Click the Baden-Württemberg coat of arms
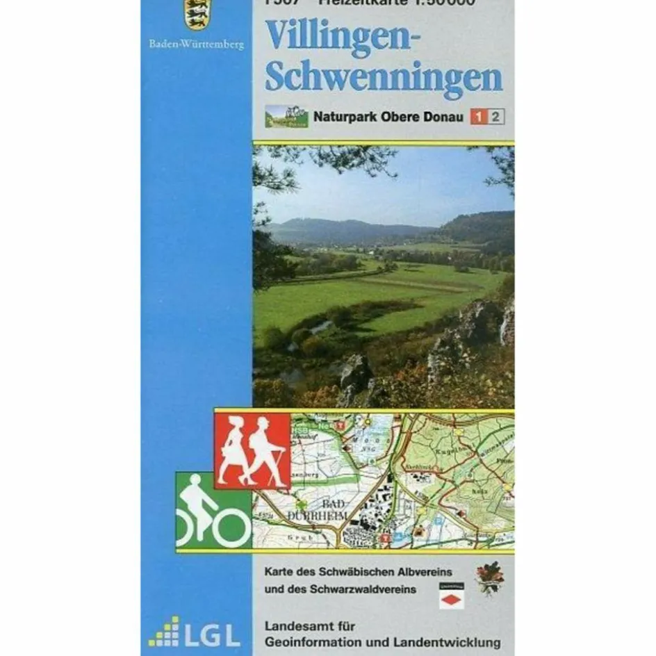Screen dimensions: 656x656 point(197,14)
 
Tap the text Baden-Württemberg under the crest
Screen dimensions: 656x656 point(197,45)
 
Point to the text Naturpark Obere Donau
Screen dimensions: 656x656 point(388,117)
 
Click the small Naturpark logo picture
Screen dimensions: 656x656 point(286,115)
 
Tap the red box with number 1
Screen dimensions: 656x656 point(478,117)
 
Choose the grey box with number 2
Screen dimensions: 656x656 point(495,117)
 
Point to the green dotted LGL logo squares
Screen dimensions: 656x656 point(164,632)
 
